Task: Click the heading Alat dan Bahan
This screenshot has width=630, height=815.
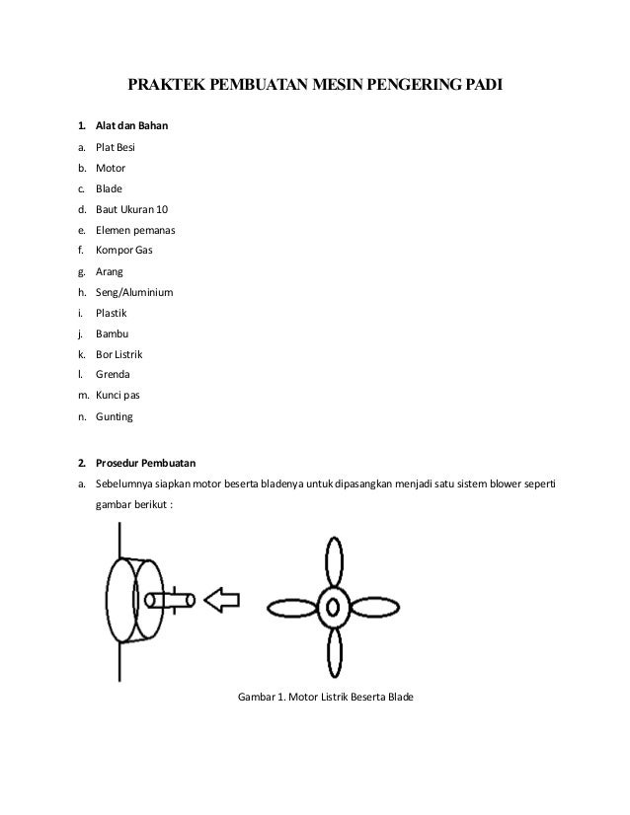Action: pyautogui.click(x=136, y=126)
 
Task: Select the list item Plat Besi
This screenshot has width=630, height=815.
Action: pyautogui.click(x=116, y=147)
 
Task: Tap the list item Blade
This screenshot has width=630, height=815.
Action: pyautogui.click(x=110, y=188)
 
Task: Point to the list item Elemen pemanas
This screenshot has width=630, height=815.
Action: pyautogui.click(x=136, y=230)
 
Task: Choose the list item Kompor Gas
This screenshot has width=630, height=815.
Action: pyautogui.click(x=124, y=251)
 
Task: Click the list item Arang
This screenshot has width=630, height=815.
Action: pyautogui.click(x=111, y=271)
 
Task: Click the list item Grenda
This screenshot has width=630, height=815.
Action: pyautogui.click(x=113, y=375)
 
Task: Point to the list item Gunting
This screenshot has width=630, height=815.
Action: pyautogui.click(x=114, y=416)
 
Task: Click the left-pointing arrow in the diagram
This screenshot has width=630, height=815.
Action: pyautogui.click(x=222, y=599)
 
